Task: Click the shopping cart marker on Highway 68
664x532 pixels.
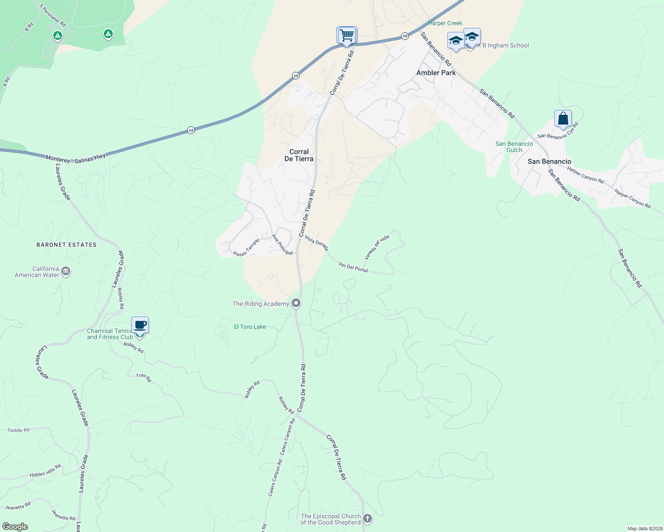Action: click(347, 35)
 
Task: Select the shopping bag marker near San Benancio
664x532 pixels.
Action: click(563, 119)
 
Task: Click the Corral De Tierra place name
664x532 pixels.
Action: click(299, 155)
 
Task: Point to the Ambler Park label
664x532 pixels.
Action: click(436, 73)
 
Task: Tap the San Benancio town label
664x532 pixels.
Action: click(549, 161)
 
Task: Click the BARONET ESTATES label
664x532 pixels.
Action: click(67, 245)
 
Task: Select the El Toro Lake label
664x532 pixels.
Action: click(250, 327)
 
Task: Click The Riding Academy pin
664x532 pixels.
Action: click(296, 304)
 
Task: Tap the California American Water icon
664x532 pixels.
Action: click(66, 271)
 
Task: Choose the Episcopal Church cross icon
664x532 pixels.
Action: click(367, 518)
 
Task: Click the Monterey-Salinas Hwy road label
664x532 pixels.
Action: click(75, 158)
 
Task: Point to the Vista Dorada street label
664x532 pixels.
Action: click(316, 243)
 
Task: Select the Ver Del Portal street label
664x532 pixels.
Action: click(353, 267)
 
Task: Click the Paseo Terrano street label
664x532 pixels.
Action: click(246, 247)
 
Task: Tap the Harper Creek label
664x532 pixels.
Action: click(445, 23)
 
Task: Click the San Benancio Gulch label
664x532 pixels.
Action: click(514, 147)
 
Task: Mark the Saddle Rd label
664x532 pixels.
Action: click(19, 430)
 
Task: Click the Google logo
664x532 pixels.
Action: click(15, 527)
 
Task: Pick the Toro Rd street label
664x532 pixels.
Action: click(143, 377)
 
